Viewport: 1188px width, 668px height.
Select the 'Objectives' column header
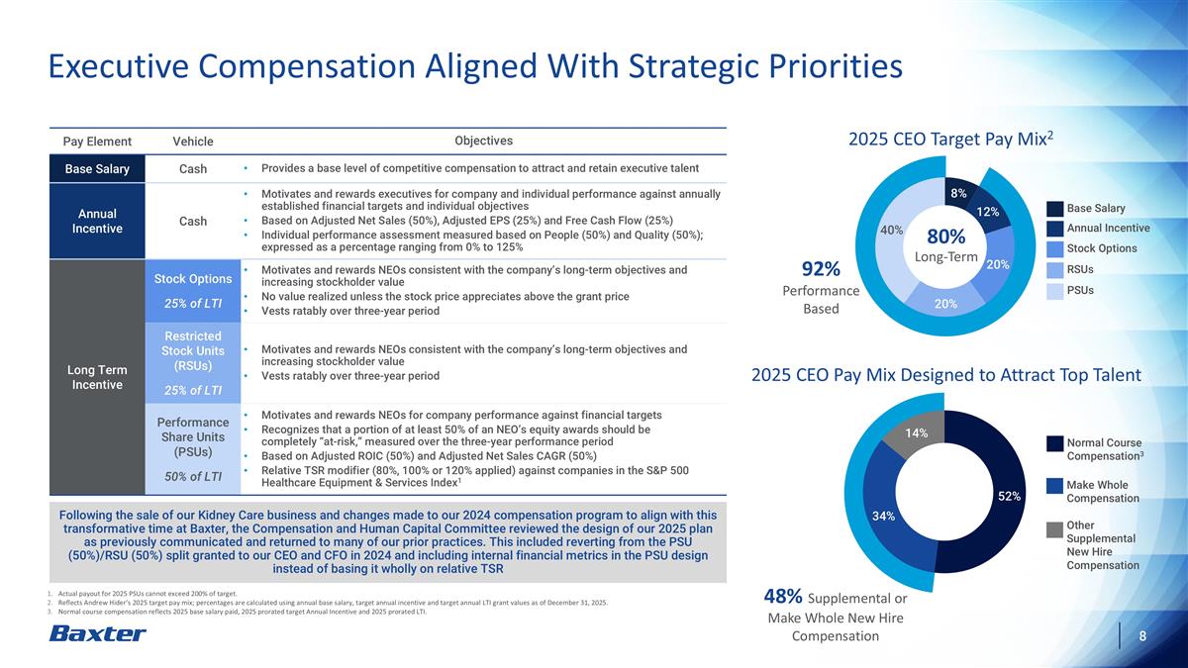[483, 142]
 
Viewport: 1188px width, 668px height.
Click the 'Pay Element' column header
[97, 143]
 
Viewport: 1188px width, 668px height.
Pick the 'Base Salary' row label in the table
[97, 169]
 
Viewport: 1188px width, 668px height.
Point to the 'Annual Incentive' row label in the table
[97, 221]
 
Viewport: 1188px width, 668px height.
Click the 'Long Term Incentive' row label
[97, 377]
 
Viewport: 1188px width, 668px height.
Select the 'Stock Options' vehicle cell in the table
[193, 278]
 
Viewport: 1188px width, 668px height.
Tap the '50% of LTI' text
[193, 477]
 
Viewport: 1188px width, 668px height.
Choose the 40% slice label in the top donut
[891, 230]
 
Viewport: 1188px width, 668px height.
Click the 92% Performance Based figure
[821, 269]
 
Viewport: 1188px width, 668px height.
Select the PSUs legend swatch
[1053, 291]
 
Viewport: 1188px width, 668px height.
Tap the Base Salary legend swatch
[1053, 208]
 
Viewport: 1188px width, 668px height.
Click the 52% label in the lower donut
[1009, 496]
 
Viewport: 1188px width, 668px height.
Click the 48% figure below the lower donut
[783, 596]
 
